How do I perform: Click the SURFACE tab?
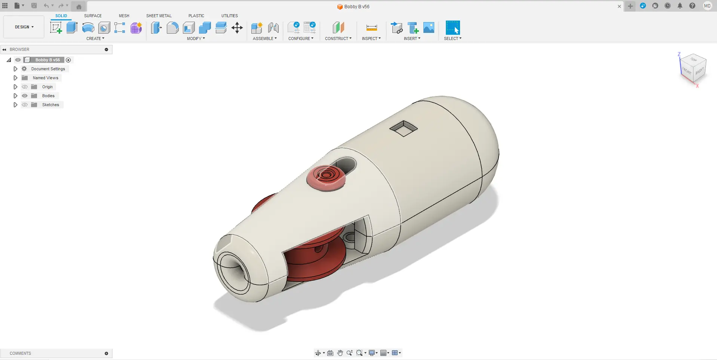(93, 16)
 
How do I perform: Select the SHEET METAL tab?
(159, 16)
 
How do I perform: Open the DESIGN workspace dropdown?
(24, 27)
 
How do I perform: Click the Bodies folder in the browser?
(48, 96)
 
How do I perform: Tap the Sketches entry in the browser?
(50, 105)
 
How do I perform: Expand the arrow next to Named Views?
(15, 78)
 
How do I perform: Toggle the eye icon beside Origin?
(25, 87)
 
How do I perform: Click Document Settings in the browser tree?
(48, 69)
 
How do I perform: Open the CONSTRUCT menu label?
(338, 39)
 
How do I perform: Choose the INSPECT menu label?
(371, 39)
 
